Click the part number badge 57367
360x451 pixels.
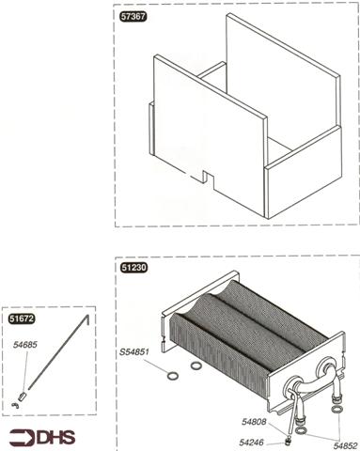(133, 17)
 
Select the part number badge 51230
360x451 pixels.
(133, 268)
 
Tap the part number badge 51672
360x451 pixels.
(22, 319)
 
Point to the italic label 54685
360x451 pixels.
(25, 345)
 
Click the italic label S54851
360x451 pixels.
(134, 351)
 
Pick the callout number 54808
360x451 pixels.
(254, 422)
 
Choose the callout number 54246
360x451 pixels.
(251, 443)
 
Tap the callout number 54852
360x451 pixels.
(345, 445)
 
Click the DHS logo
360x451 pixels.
(42, 437)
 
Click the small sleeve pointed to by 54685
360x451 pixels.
(22, 397)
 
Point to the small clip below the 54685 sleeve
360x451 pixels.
(15, 404)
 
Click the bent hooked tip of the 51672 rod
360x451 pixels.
(87, 319)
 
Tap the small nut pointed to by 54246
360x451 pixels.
(287, 442)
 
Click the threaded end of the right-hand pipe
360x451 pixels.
(337, 407)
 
